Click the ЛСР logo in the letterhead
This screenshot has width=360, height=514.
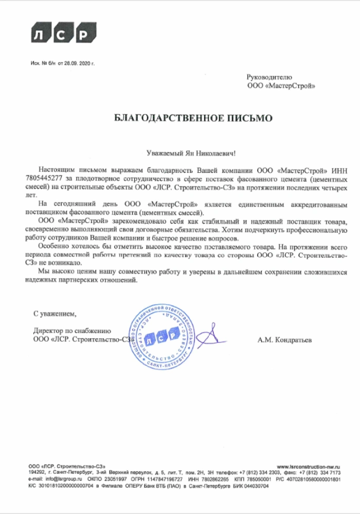[x=57, y=34]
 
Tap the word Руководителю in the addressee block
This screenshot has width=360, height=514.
[x=269, y=76]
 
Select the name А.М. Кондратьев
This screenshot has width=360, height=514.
[x=285, y=340]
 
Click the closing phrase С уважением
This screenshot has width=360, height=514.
[x=55, y=313]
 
